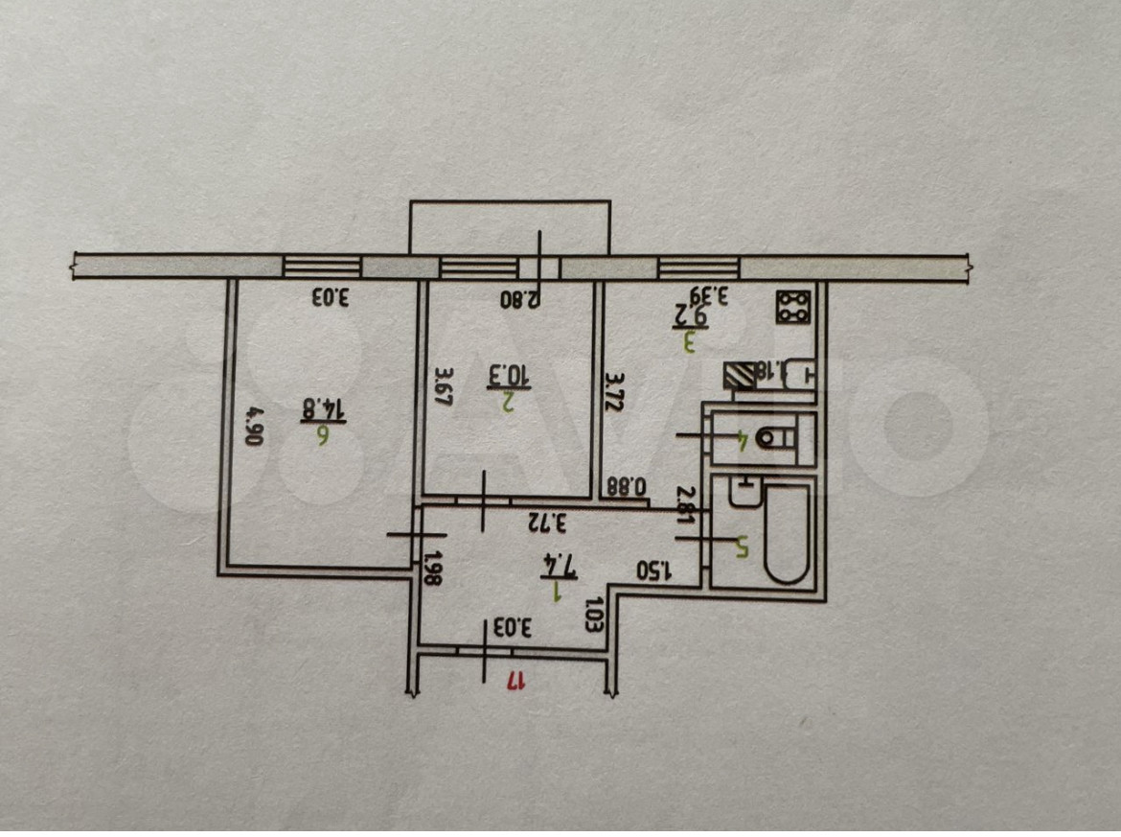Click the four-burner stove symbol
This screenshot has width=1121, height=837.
[x=794, y=306]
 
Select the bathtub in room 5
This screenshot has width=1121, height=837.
[x=787, y=533]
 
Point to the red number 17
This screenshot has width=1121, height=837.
[x=515, y=681]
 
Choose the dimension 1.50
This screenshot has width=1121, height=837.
[x=656, y=568]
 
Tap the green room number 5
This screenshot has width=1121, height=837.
[x=741, y=546]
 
